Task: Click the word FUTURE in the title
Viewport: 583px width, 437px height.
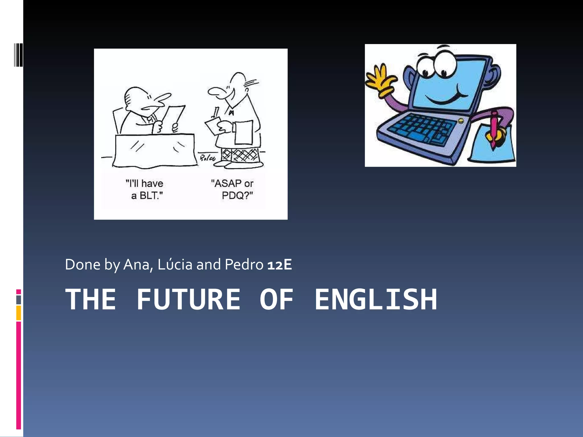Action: click(x=188, y=299)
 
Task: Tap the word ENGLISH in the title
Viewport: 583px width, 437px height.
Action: click(x=375, y=299)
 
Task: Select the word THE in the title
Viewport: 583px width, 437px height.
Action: click(x=91, y=299)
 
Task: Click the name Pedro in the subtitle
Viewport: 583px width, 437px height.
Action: click(x=244, y=265)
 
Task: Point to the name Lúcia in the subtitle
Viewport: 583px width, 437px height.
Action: click(x=175, y=265)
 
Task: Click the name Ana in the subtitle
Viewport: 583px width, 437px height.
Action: click(x=136, y=265)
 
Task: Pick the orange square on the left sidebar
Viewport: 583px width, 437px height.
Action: click(x=19, y=313)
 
